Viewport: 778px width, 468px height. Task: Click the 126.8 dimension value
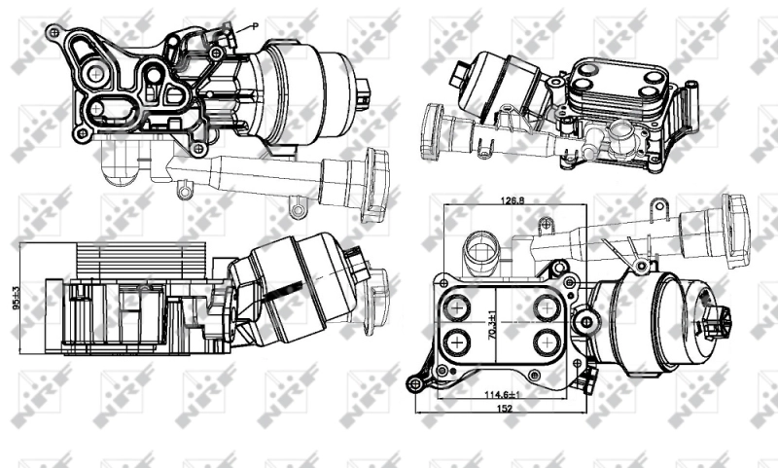(514, 200)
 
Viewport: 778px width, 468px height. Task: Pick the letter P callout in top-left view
(254, 27)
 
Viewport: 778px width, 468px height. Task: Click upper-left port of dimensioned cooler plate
(454, 307)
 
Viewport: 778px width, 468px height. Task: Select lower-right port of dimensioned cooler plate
(547, 343)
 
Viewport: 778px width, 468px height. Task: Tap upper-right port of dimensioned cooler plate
(547, 307)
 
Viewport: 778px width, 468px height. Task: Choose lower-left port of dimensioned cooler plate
(454, 343)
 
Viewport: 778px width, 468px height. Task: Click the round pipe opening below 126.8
(480, 251)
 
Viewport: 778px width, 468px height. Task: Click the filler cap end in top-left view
(374, 185)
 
